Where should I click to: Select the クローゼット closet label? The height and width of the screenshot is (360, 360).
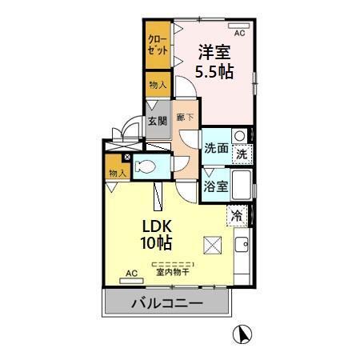(x=157, y=44)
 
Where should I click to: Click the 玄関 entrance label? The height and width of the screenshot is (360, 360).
(x=157, y=122)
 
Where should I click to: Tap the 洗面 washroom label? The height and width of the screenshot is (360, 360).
(x=215, y=149)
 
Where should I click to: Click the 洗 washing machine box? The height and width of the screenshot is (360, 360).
(x=241, y=153)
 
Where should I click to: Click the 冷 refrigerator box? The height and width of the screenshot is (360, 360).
(x=237, y=214)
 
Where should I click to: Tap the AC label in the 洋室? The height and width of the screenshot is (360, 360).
(x=238, y=33)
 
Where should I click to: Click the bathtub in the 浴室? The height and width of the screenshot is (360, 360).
(x=240, y=186)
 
